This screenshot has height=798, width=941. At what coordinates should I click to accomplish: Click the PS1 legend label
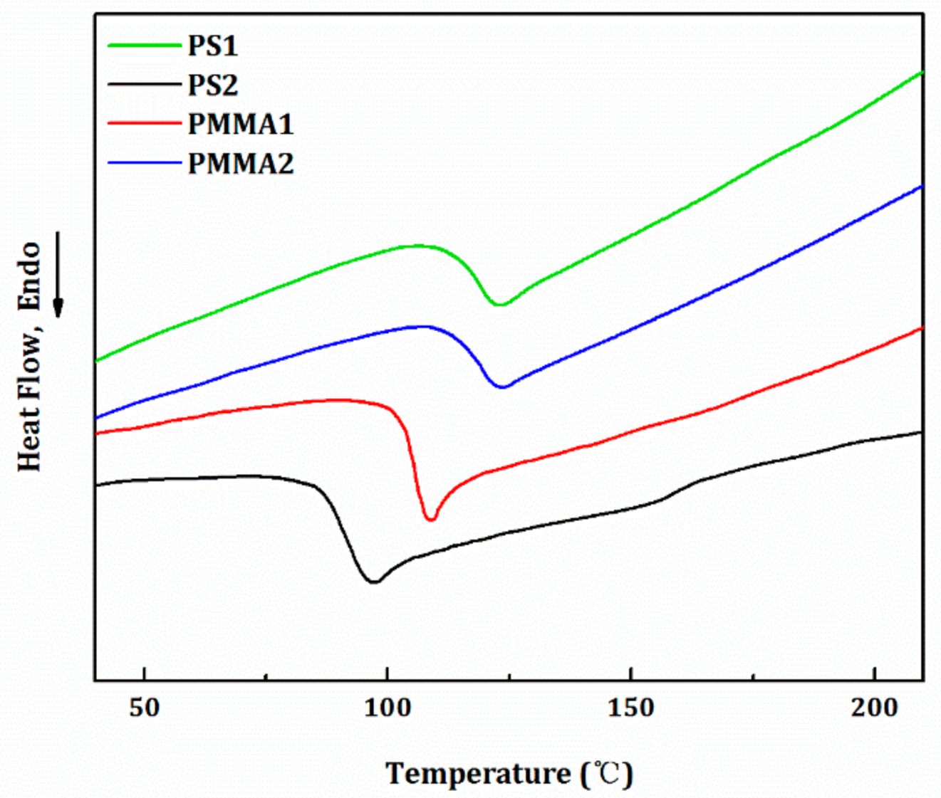point(212,46)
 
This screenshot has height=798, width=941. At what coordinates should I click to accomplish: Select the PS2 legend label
point(212,85)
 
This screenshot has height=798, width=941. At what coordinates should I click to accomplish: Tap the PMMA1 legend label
point(241,125)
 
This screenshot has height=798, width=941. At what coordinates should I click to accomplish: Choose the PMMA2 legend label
point(241,164)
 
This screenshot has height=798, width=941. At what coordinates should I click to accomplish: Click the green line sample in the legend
point(145,46)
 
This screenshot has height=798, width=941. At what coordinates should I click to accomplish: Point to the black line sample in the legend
point(145,85)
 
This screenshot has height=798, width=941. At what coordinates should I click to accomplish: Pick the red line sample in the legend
point(145,124)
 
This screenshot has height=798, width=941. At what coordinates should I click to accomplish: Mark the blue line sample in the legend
point(145,163)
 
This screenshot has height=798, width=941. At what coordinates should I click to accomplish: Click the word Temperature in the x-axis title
point(479,774)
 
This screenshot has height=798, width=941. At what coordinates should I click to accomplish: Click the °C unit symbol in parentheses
point(606,774)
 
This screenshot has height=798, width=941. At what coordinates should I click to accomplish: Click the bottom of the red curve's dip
point(430,520)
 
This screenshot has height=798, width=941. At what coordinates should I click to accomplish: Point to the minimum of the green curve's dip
point(500,305)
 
